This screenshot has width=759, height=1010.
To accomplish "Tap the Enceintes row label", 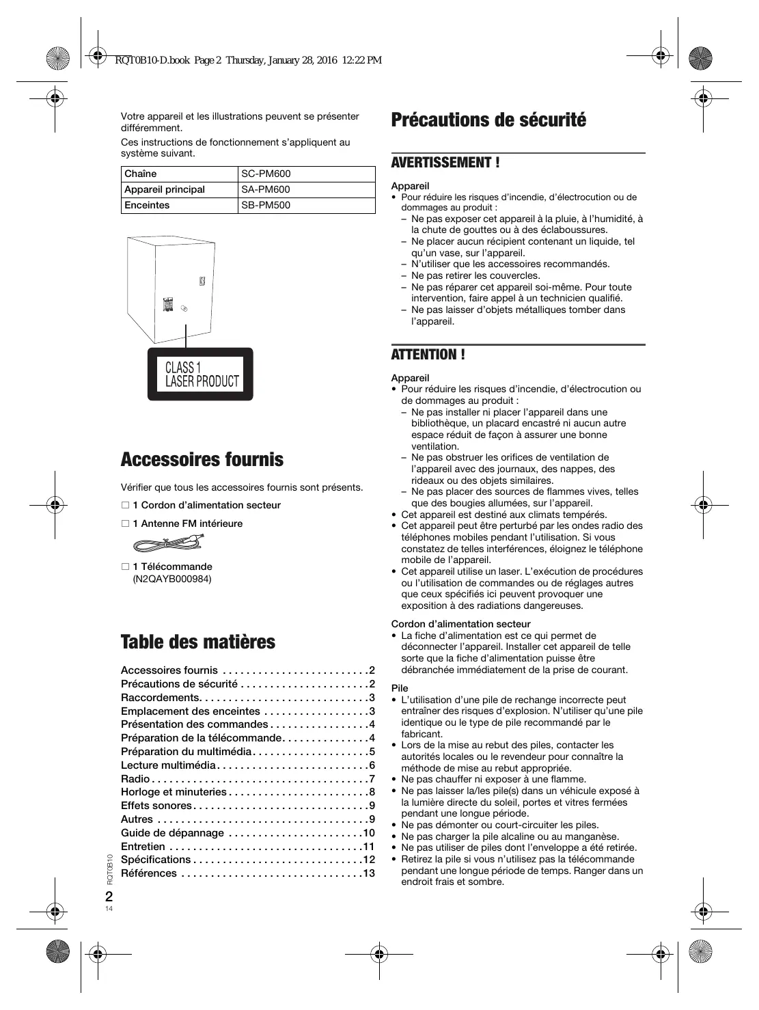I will pyautogui.click(x=147, y=205).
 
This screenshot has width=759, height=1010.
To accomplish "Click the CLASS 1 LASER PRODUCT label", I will pyautogui.click(x=202, y=374).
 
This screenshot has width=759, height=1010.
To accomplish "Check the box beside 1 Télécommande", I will pyautogui.click(x=125, y=567).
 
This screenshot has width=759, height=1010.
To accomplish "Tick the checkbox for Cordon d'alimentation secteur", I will pyautogui.click(x=125, y=506).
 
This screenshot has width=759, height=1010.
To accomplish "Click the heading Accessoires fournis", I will pyautogui.click(x=202, y=459).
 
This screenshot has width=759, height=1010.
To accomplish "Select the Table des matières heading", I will pyautogui.click(x=198, y=642).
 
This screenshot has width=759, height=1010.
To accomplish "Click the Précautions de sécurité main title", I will pyautogui.click(x=488, y=120).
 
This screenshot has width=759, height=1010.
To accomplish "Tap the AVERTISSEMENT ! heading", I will pyautogui.click(x=445, y=163).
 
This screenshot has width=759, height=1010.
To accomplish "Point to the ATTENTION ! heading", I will pyautogui.click(x=428, y=355).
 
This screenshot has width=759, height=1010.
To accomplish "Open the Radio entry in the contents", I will pyautogui.click(x=135, y=779).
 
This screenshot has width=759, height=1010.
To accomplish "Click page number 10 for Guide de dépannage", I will pyautogui.click(x=369, y=833).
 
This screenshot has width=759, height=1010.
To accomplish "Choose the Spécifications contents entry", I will pyautogui.click(x=155, y=860).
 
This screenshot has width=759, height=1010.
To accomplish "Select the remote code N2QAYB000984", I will pyautogui.click(x=172, y=579).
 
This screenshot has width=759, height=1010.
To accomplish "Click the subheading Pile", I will pyautogui.click(x=399, y=688).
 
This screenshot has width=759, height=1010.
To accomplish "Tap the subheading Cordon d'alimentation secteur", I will pyautogui.click(x=460, y=624).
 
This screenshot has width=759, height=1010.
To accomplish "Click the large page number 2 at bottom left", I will pyautogui.click(x=109, y=896).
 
